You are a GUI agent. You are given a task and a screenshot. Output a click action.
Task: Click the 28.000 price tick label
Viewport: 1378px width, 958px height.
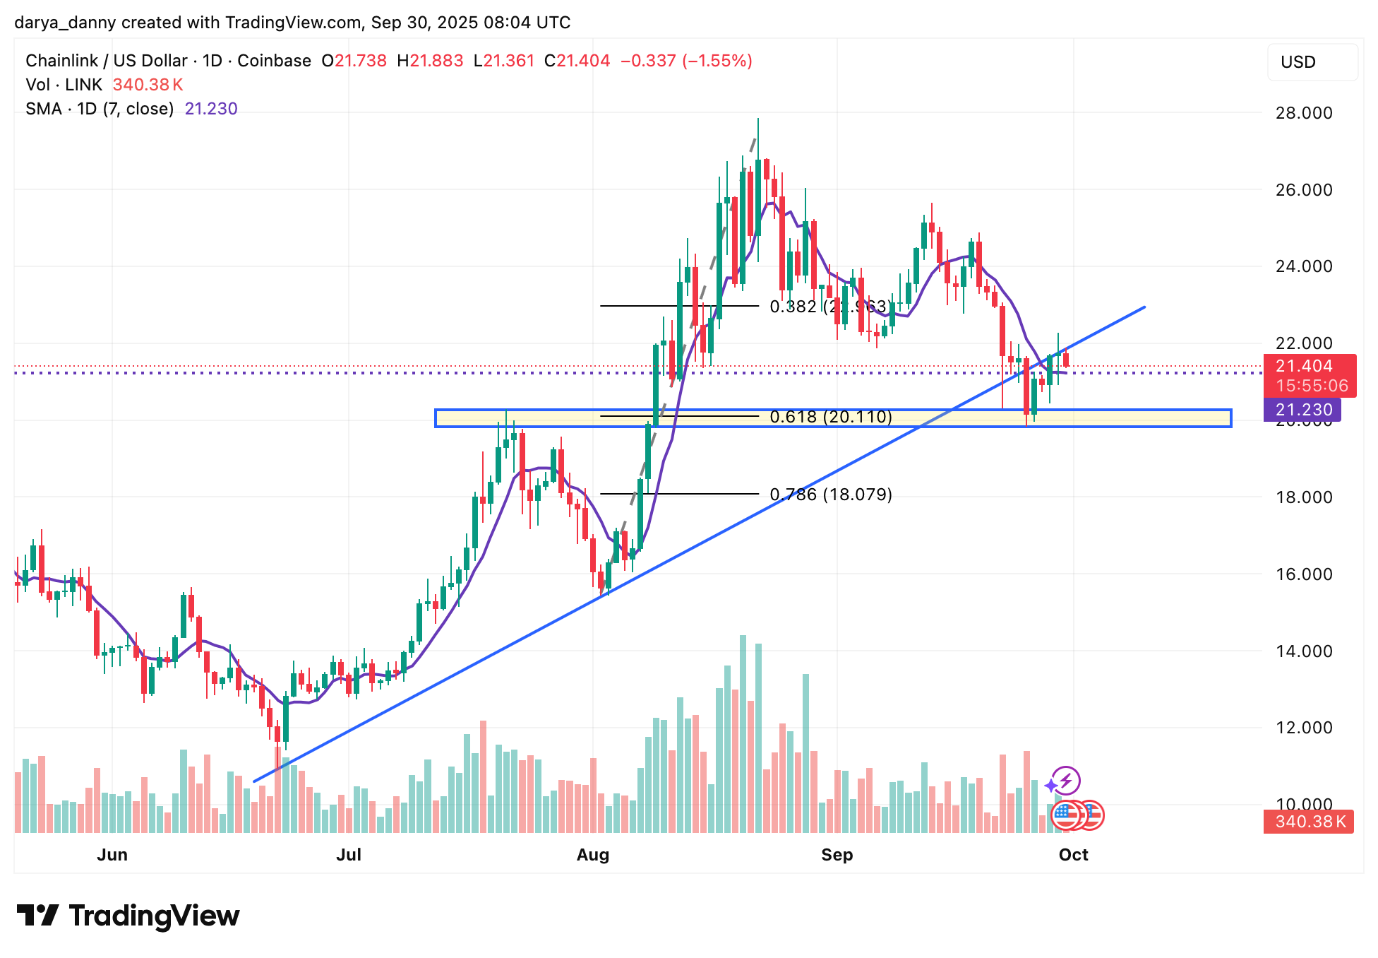(1304, 113)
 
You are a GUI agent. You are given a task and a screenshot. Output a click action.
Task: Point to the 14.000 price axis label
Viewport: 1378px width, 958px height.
(1304, 651)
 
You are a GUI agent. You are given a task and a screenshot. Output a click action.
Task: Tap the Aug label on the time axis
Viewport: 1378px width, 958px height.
(592, 855)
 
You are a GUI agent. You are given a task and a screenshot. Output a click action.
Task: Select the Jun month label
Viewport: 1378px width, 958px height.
(112, 855)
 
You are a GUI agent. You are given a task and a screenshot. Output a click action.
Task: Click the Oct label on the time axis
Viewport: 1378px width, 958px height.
(1073, 855)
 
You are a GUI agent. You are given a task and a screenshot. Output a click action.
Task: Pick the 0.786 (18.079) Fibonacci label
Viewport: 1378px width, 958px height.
(831, 495)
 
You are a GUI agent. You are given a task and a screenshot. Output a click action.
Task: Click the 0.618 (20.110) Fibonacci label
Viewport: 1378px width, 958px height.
(831, 417)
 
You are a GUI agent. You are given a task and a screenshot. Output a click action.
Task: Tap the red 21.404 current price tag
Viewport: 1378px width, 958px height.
(1304, 366)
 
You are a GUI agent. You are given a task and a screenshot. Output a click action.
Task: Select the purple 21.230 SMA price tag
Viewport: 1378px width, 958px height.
(1304, 410)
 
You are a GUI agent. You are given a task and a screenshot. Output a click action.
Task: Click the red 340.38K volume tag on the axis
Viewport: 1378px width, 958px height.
(1310, 822)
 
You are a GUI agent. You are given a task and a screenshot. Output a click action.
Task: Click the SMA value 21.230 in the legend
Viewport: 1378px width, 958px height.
(211, 109)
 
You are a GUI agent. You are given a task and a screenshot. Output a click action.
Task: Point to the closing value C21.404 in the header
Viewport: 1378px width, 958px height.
(577, 61)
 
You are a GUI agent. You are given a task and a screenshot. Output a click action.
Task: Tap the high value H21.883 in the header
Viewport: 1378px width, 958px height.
(430, 61)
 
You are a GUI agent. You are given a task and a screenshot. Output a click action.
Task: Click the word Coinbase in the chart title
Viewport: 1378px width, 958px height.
(274, 61)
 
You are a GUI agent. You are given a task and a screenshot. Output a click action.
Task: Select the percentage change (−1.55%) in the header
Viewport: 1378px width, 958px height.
(717, 61)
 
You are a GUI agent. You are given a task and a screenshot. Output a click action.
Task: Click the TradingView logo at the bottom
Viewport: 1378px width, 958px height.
(128, 916)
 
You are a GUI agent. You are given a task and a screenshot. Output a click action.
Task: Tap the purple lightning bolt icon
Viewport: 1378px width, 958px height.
(1065, 781)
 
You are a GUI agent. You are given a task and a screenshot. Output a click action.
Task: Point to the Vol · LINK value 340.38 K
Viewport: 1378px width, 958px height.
(148, 85)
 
